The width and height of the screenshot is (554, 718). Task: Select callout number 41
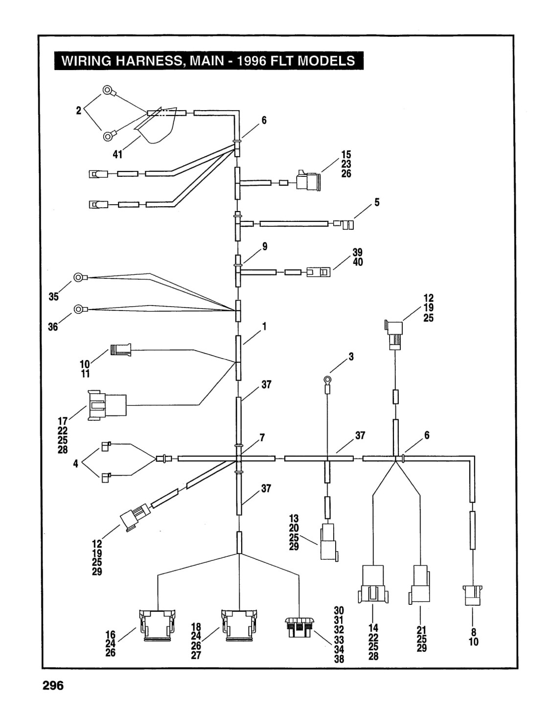coord(117,154)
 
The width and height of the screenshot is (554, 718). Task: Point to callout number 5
coord(377,202)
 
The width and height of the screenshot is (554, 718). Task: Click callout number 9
coord(264,246)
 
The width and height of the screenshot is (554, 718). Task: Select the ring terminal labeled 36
coord(80,309)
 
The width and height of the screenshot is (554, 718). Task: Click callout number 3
coord(351,357)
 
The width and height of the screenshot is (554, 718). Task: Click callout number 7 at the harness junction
coord(262,438)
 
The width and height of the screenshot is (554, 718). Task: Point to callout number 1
coord(264,327)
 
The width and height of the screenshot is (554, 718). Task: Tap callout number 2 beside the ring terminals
coord(79,111)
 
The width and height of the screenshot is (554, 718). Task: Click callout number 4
coord(75,464)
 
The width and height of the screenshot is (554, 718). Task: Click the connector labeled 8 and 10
coord(472,596)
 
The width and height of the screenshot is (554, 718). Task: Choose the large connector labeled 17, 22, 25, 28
coord(107,405)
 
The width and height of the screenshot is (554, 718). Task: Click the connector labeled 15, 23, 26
coord(308,180)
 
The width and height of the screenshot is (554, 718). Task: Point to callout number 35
coord(54,297)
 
